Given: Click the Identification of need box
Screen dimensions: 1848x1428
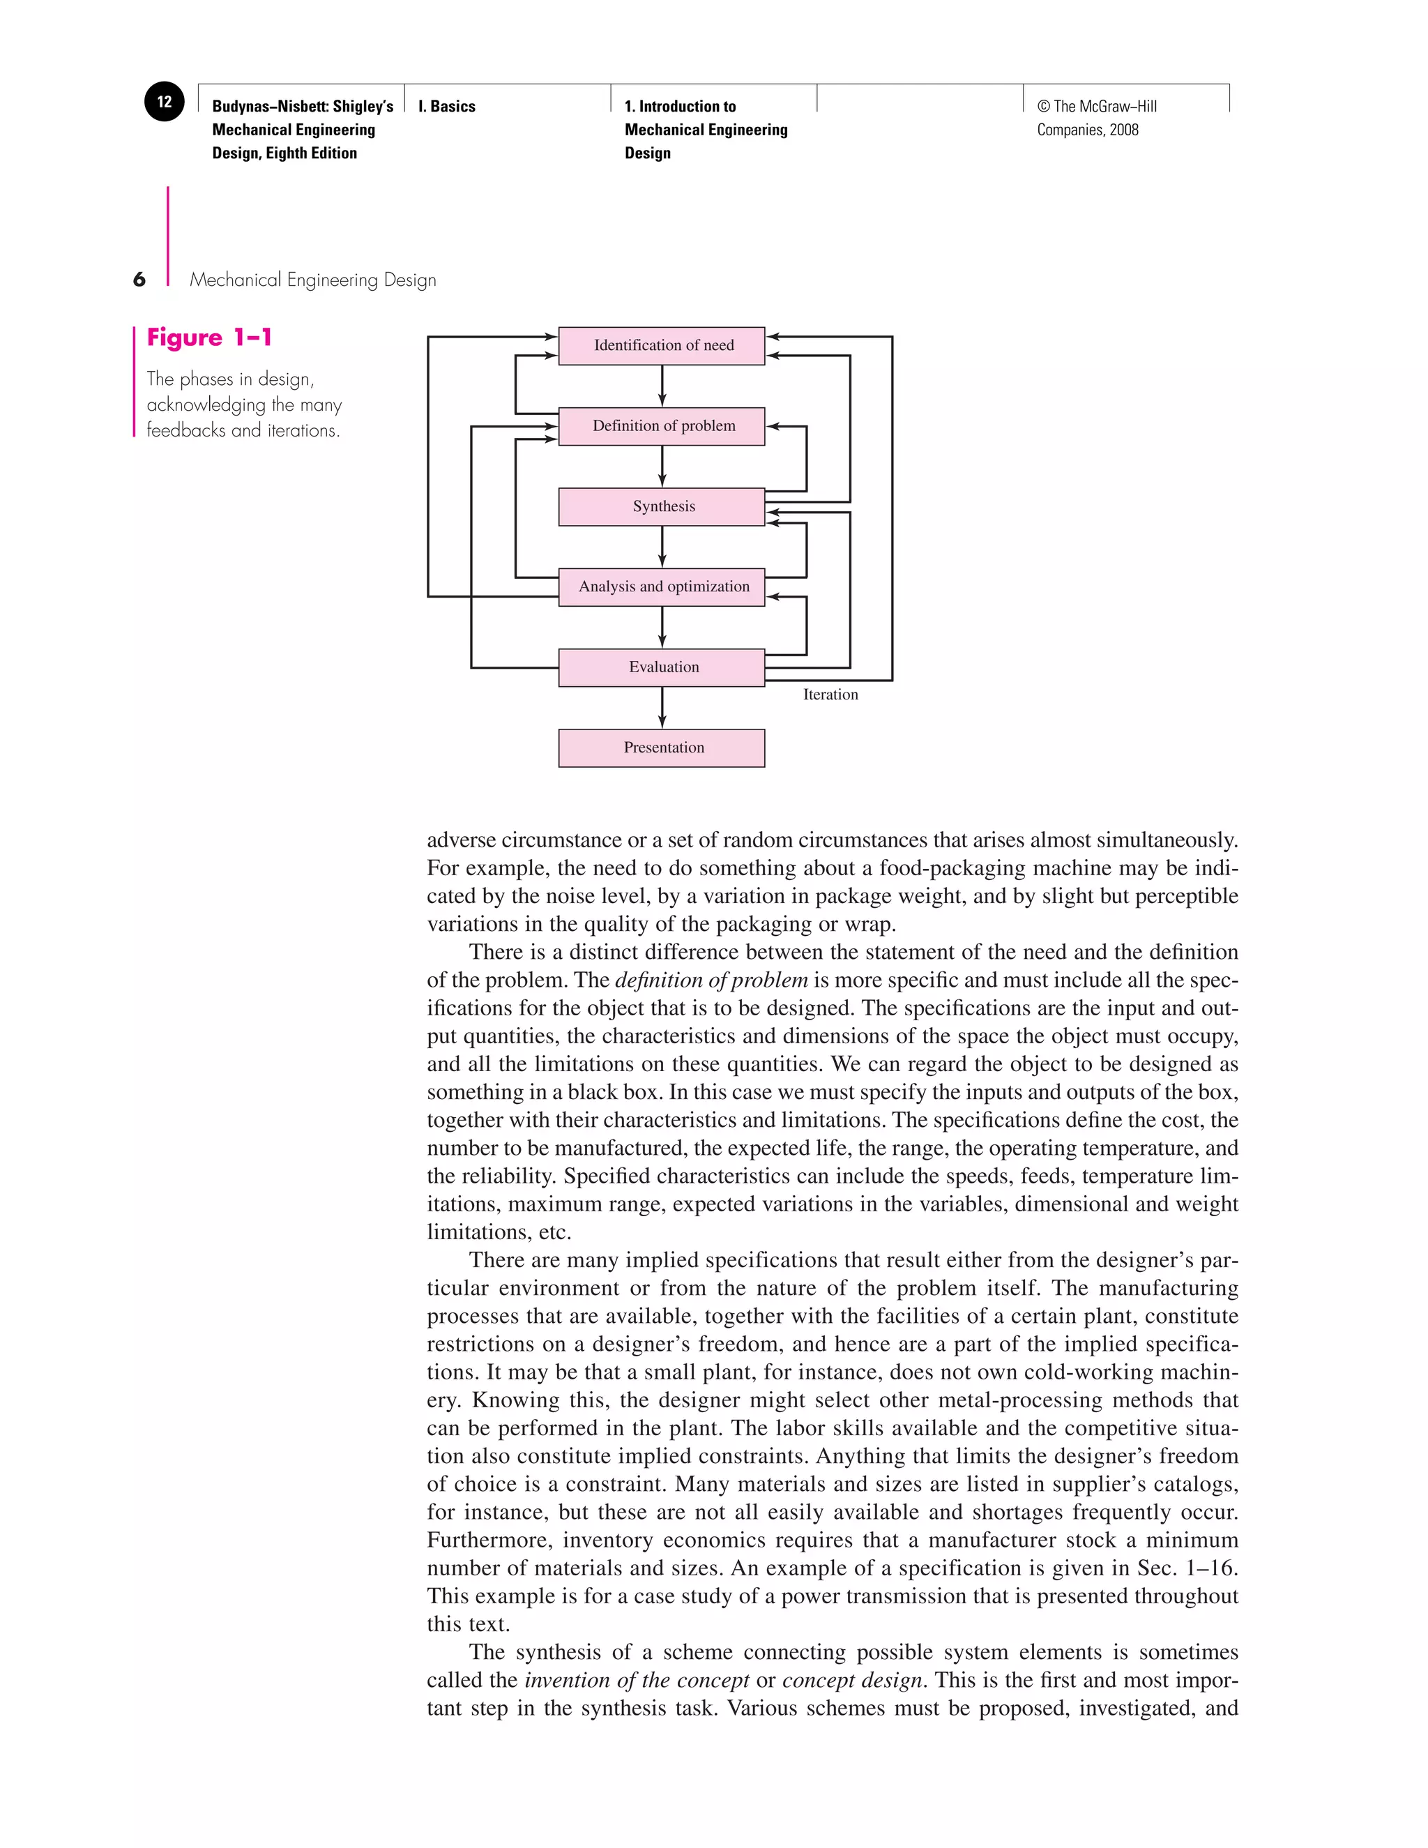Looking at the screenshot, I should (662, 345).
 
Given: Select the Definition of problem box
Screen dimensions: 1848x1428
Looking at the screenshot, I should (662, 425).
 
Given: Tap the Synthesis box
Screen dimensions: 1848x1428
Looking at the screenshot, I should (662, 506).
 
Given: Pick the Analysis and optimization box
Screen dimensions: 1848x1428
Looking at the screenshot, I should (662, 586).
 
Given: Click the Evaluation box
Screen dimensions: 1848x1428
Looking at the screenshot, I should (662, 667).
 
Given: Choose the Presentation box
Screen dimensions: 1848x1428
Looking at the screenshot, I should (662, 747).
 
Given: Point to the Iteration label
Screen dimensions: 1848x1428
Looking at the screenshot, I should (830, 694).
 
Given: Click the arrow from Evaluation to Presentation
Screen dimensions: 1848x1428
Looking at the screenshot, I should (662, 707).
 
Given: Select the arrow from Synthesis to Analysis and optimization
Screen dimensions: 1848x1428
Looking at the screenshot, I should (662, 547).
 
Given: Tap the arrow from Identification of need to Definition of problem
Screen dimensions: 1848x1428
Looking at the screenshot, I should (662, 386).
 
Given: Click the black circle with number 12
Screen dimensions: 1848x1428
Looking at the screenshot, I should (164, 102).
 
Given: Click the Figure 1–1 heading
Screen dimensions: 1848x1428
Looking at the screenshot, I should (209, 338).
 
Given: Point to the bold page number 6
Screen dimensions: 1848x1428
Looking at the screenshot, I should (139, 279).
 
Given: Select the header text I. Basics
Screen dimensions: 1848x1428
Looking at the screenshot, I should (447, 107).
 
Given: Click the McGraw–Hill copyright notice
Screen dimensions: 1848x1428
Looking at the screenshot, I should (1096, 118).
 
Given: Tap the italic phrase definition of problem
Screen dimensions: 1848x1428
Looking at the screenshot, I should (711, 980).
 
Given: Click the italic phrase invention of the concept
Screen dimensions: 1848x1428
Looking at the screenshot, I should (636, 1680).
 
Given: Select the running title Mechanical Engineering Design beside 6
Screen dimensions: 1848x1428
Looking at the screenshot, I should (313, 280).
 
